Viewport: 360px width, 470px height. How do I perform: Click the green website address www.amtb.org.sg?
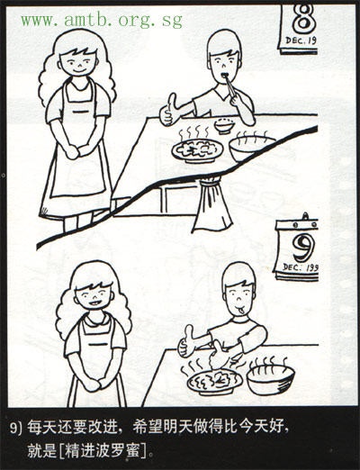(x=102, y=21)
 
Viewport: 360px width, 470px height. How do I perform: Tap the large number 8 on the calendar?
(x=304, y=19)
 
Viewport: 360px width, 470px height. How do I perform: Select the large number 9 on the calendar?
(x=304, y=248)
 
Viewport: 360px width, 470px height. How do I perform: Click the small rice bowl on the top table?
(x=224, y=126)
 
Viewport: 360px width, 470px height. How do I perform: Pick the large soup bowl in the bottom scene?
(x=271, y=379)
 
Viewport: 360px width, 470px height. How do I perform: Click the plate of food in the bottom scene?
(x=214, y=383)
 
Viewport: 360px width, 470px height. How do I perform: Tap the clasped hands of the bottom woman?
(x=95, y=384)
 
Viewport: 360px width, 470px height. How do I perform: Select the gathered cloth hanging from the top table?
(x=212, y=204)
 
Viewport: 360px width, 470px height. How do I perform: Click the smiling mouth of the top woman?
(x=78, y=71)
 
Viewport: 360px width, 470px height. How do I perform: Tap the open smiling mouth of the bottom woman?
(x=94, y=303)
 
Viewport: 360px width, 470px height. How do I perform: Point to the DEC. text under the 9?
(x=292, y=267)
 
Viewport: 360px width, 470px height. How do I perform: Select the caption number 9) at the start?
(x=16, y=429)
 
